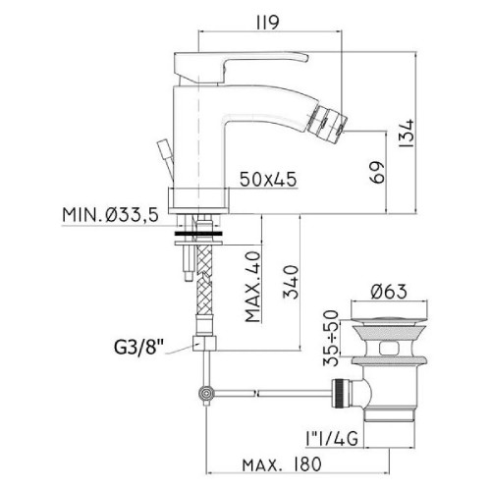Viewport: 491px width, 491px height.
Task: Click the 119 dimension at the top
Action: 268,23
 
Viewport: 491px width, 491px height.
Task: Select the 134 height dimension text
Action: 407,134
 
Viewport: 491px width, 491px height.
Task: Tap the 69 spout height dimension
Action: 377,172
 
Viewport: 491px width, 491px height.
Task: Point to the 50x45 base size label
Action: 268,179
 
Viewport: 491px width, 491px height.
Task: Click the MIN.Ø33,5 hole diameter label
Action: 111,215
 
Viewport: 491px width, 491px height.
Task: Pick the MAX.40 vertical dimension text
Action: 253,287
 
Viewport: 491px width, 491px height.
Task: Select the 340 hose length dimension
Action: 291,282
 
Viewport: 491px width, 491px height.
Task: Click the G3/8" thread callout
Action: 138,348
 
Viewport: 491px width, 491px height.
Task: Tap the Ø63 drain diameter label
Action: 389,291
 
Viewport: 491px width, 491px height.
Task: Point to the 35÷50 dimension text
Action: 331,338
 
